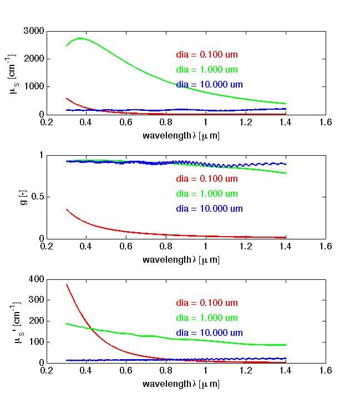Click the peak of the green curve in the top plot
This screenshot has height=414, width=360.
click(x=81, y=38)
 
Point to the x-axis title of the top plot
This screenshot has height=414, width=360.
click(x=181, y=135)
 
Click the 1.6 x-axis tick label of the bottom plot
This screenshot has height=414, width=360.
click(x=326, y=371)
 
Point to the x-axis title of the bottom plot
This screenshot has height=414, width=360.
click(x=181, y=384)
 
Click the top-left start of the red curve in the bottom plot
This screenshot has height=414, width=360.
click(x=67, y=284)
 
